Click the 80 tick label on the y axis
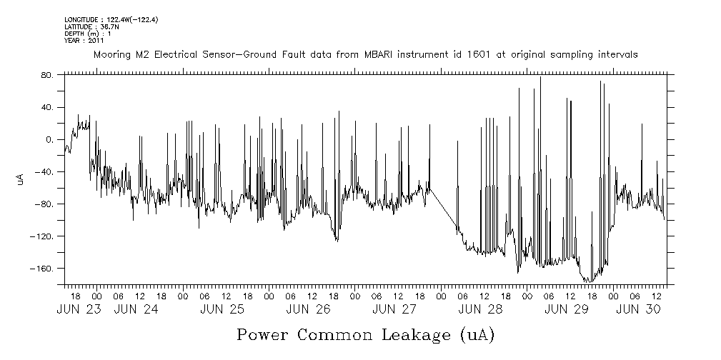pos(46,74)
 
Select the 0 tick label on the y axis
pos(49,139)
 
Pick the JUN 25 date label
pos(222,309)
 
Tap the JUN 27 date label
pos(394,309)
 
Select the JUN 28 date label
pos(479,309)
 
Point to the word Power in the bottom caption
pos(264,334)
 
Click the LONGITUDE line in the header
pos(110,19)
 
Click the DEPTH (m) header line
pos(88,34)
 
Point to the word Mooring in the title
pos(111,54)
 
